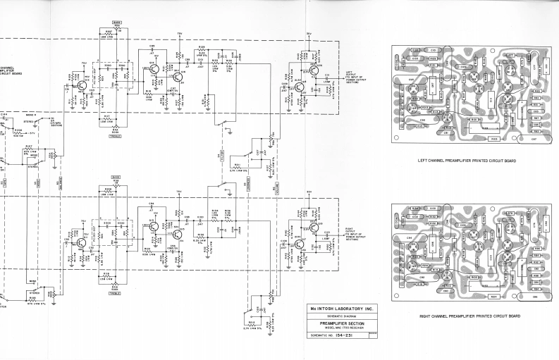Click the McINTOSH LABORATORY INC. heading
point(338,309)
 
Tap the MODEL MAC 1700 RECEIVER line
point(338,329)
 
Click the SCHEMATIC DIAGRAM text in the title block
point(338,316)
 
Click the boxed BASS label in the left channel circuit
point(116,23)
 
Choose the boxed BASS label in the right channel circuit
point(116,178)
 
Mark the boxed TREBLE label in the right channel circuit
point(116,293)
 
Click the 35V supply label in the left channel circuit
point(309,33)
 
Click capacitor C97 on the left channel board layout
point(533,139)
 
